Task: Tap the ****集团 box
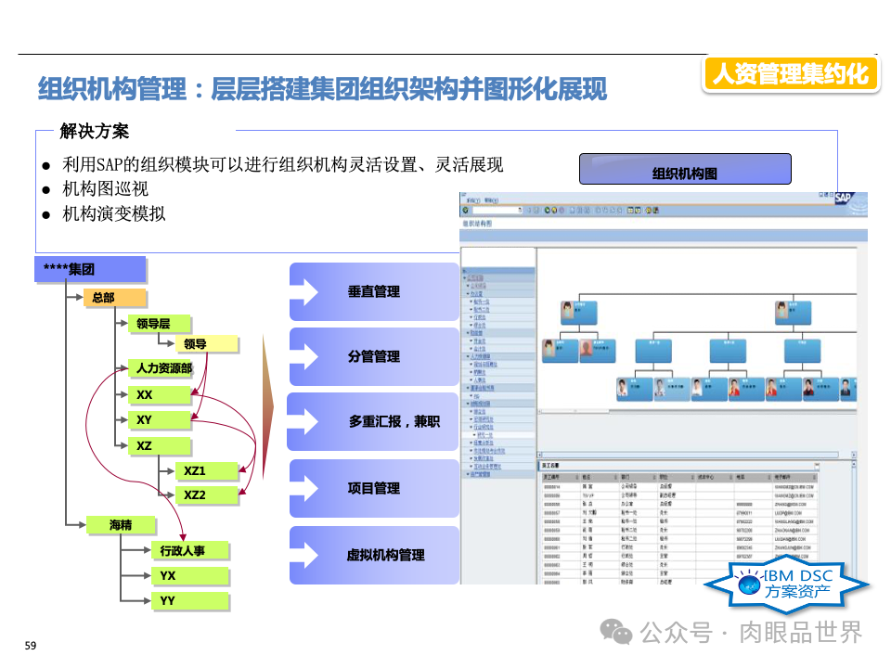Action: point(90,270)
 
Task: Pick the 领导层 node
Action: point(159,324)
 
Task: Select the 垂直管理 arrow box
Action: point(374,291)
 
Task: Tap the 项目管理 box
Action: point(374,488)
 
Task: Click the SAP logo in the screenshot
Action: point(842,198)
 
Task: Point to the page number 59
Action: point(30,645)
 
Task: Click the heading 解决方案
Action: point(94,131)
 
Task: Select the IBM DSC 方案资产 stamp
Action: point(785,584)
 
